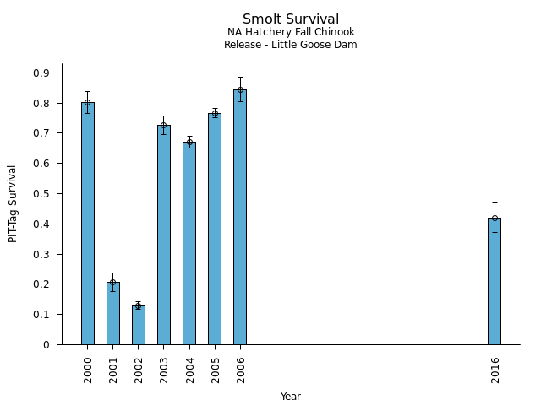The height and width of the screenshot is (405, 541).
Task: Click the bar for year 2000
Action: click(x=88, y=224)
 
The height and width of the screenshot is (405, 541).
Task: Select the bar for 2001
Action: click(x=113, y=313)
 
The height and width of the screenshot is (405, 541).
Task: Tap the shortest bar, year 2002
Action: click(x=139, y=325)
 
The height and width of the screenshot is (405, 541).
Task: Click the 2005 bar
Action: click(x=215, y=229)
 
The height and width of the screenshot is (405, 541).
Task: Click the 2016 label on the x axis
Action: click(x=495, y=370)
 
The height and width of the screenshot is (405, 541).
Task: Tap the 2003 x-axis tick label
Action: click(x=164, y=370)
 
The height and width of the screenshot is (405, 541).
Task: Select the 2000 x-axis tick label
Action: click(x=88, y=370)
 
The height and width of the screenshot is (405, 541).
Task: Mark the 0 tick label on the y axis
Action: click(x=47, y=344)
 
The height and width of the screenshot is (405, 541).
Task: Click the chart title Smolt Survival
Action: click(x=291, y=19)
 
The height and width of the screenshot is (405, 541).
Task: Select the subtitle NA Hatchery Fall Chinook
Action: click(x=291, y=33)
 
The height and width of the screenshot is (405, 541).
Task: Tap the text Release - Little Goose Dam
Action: click(x=291, y=45)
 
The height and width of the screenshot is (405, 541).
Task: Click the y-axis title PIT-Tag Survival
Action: click(x=13, y=203)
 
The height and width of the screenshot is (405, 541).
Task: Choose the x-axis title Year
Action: click(x=291, y=397)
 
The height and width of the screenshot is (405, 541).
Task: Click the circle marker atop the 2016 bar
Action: click(x=495, y=218)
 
